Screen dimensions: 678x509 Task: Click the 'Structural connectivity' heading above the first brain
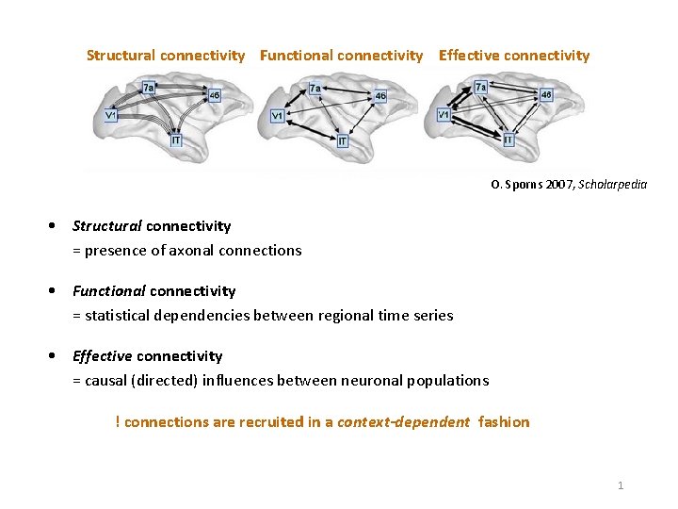point(165,56)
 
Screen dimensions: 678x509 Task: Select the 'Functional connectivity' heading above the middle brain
point(341,56)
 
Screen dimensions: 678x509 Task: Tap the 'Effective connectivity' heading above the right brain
point(514,56)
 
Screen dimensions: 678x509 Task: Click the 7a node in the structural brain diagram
point(149,88)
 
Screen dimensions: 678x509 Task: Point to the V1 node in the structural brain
point(111,116)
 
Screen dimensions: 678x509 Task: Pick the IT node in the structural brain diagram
point(176,140)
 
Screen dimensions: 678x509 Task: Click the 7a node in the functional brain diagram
point(315,89)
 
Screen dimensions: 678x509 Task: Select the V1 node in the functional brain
point(277,116)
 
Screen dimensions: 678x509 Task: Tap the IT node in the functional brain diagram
point(342,140)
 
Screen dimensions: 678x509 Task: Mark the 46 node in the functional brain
point(379,96)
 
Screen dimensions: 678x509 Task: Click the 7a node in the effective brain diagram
point(481,88)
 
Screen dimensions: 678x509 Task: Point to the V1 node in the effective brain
point(444,115)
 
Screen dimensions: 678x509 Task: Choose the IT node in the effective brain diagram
point(508,140)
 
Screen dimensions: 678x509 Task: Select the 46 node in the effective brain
point(546,95)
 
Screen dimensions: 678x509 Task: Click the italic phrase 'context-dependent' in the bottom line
point(403,422)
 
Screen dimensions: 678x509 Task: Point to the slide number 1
point(621,485)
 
